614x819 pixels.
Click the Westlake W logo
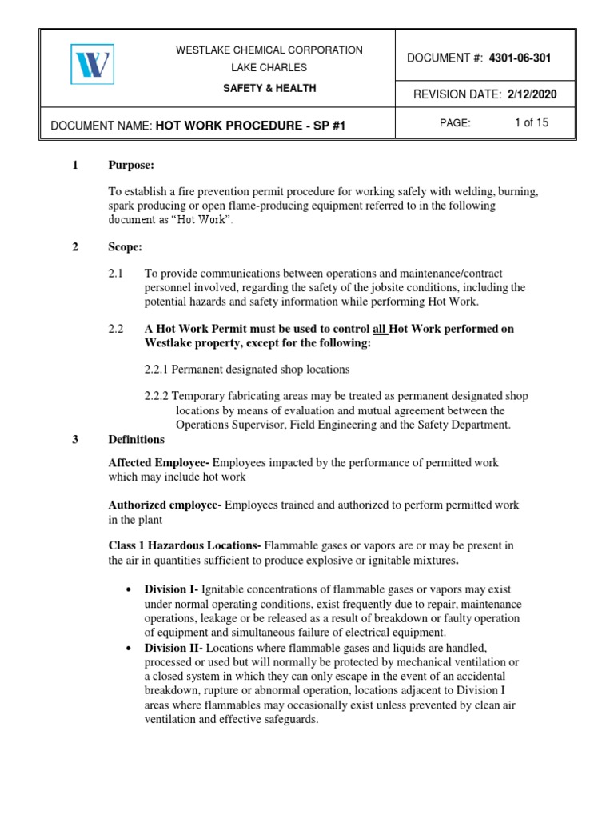pyautogui.click(x=91, y=64)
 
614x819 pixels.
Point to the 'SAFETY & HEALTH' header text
pyautogui.click(x=269, y=88)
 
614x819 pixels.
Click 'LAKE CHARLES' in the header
pyautogui.click(x=269, y=68)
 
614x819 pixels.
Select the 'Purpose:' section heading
pyautogui.click(x=130, y=165)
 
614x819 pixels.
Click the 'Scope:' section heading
pyautogui.click(x=126, y=247)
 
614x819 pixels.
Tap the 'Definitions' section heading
pyautogui.click(x=137, y=440)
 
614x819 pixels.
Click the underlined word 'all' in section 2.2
pyautogui.click(x=381, y=329)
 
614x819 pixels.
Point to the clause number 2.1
pyautogui.click(x=117, y=274)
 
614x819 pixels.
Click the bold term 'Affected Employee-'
pyautogui.click(x=159, y=464)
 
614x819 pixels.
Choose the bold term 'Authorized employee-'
pyautogui.click(x=165, y=505)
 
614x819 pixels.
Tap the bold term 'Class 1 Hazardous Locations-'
pyautogui.click(x=185, y=546)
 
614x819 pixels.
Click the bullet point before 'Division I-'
pyautogui.click(x=129, y=589)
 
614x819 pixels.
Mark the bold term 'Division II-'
pyautogui.click(x=173, y=647)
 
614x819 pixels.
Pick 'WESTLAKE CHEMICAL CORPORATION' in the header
pyautogui.click(x=269, y=50)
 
